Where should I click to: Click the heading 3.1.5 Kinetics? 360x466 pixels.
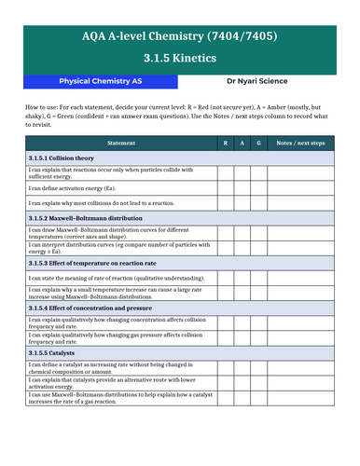[x=180, y=57]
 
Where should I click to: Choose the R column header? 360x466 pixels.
[x=225, y=143]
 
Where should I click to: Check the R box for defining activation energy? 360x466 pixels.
[x=225, y=188]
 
